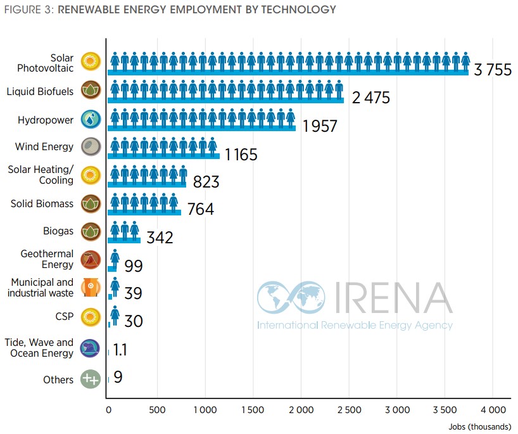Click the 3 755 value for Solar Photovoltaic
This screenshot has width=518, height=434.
tap(492, 70)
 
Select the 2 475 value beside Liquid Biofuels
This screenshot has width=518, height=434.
tap(371, 98)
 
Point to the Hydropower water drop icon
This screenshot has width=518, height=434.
tap(91, 120)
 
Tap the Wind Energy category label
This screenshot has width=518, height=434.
tap(44, 147)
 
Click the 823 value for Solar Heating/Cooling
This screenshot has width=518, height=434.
tap(206, 182)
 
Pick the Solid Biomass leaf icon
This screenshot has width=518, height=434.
tap(91, 204)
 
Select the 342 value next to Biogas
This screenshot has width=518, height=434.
tap(160, 238)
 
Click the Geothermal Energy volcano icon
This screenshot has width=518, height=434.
tap(91, 260)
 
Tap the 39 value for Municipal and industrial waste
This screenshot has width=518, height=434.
tap(133, 293)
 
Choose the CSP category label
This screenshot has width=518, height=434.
tap(65, 315)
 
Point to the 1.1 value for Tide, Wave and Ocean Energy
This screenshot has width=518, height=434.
tap(120, 350)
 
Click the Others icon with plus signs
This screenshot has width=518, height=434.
tap(91, 380)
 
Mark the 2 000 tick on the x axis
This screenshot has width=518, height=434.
tap(301, 410)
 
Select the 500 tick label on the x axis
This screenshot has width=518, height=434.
tap(157, 410)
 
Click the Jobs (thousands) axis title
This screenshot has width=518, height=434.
tap(482, 426)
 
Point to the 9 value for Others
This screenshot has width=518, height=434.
tap(118, 378)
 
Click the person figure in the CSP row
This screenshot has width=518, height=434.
tap(115, 316)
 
